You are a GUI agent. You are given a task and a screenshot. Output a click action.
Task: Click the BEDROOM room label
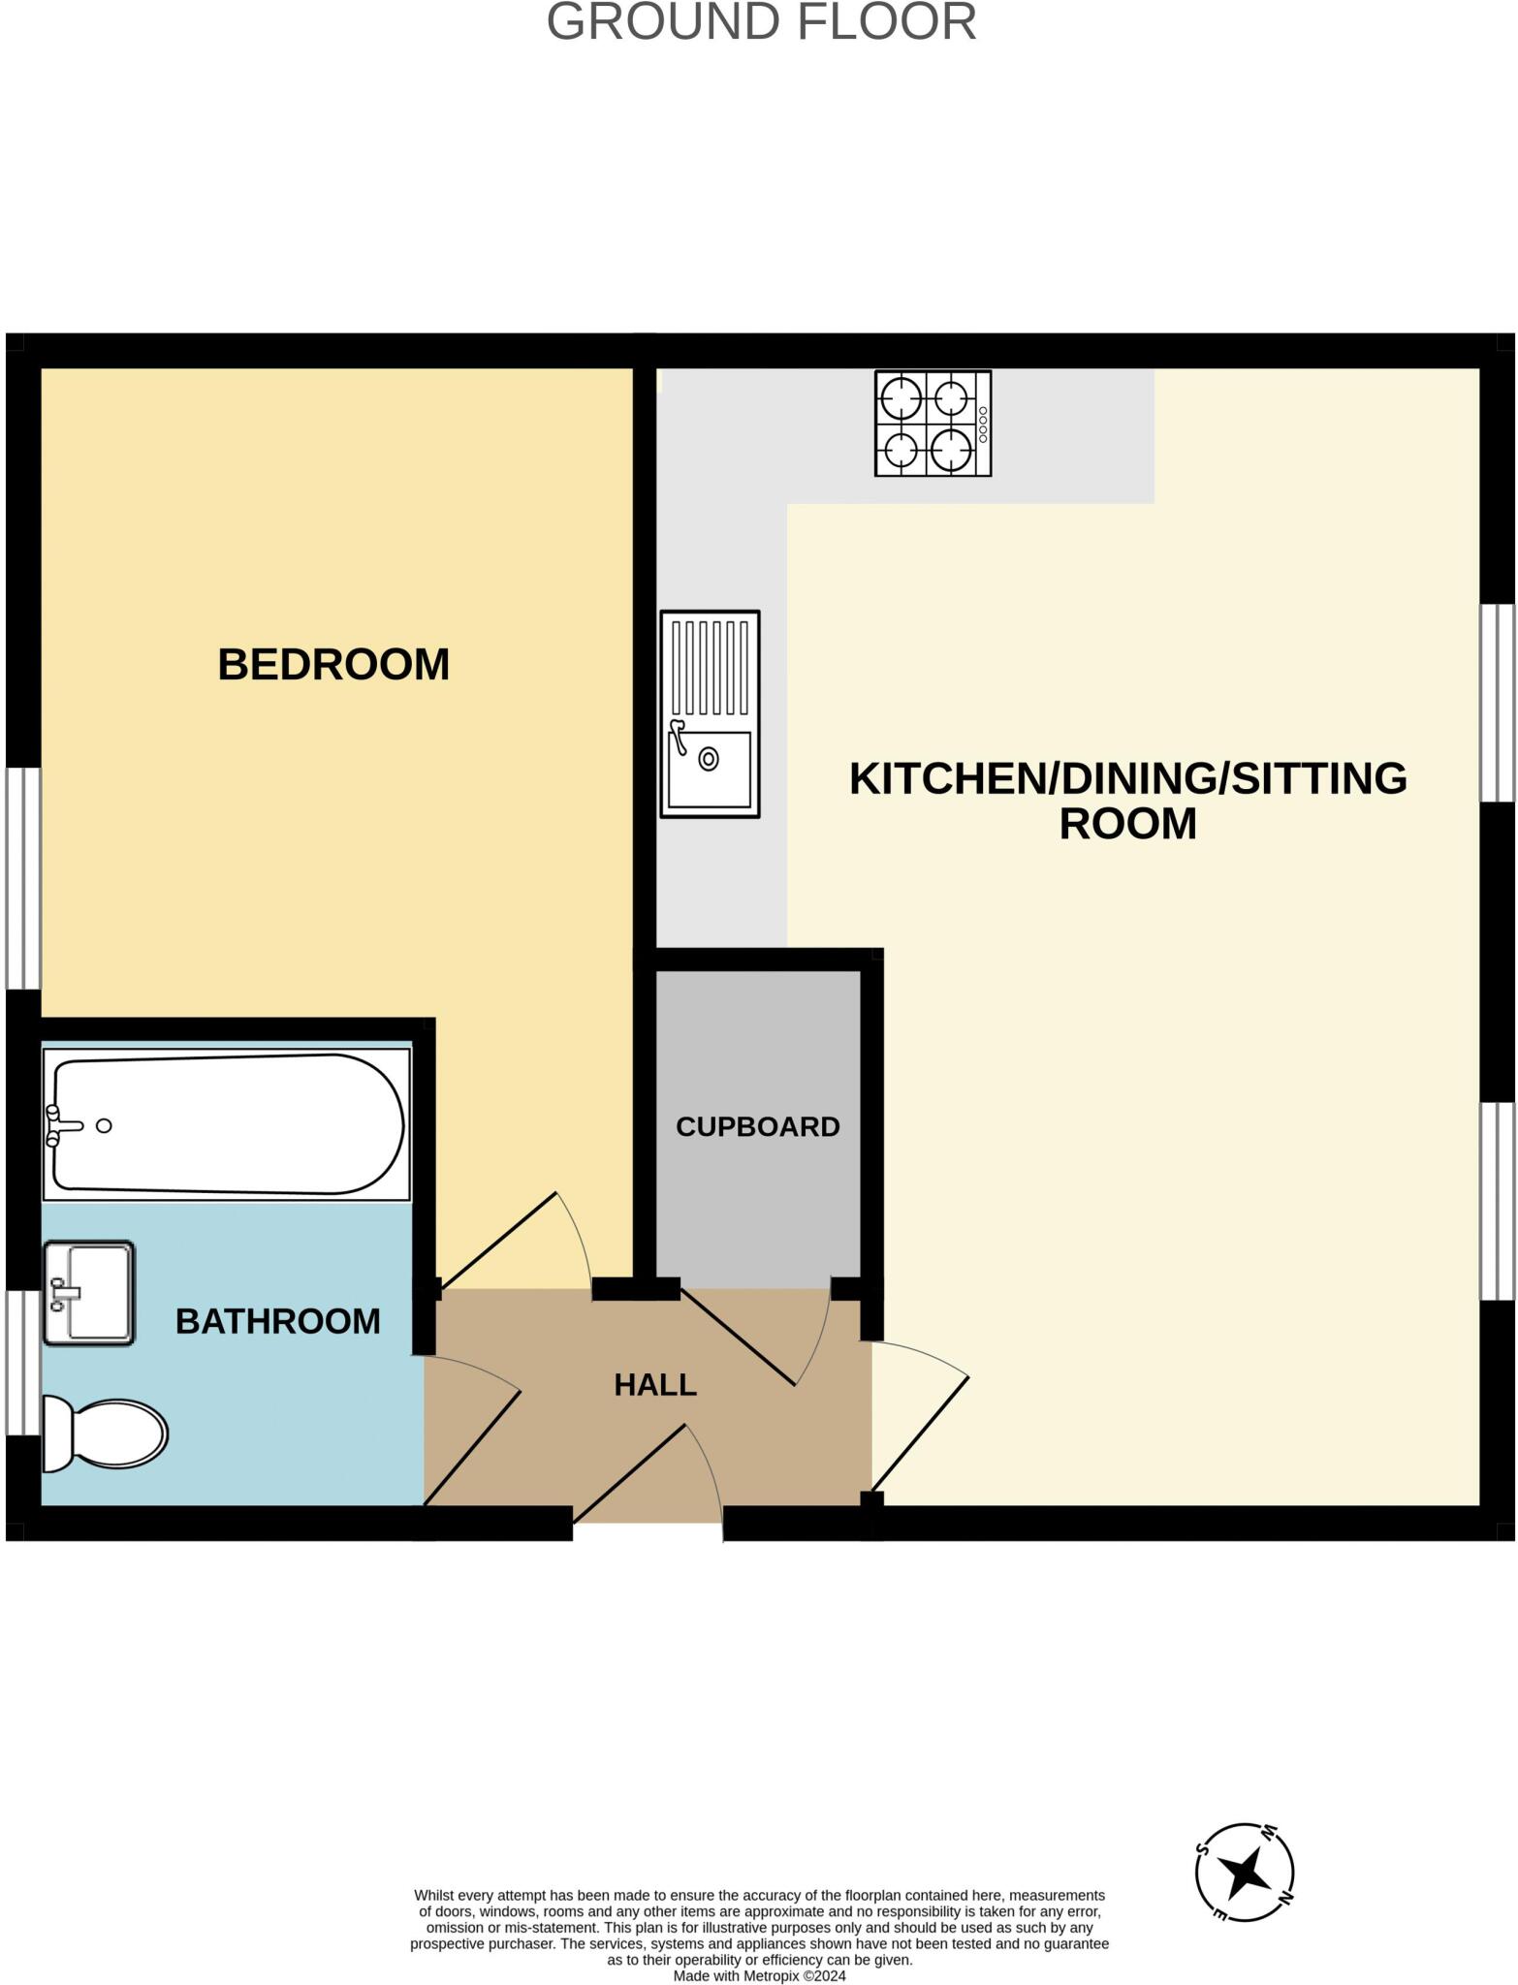coord(333,665)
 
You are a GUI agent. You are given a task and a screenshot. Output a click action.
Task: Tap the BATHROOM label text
coord(277,1321)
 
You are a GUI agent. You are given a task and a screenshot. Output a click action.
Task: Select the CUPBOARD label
coord(757,1126)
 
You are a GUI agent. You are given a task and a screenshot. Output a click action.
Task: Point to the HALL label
coord(655,1385)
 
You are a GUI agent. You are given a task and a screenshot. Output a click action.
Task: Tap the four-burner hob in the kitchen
coord(933,424)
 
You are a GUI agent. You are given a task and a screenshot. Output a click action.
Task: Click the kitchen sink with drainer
coord(710,713)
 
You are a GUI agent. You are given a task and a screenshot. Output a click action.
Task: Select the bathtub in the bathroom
coord(227,1124)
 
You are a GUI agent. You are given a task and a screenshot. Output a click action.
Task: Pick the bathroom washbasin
coord(88,1293)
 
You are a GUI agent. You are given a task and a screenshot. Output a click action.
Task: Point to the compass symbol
coord(1245,1872)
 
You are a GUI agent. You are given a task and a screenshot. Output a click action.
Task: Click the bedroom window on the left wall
coord(23,878)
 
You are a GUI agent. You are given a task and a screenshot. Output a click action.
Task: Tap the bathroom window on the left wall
coord(23,1362)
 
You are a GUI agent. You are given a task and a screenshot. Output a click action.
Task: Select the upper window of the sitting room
coord(1497,704)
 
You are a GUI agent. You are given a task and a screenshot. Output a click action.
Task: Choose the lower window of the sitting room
coord(1497,1201)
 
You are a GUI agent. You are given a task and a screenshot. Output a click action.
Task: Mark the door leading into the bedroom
coord(514,1241)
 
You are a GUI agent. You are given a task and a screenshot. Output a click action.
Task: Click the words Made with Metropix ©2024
coord(759,1975)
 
